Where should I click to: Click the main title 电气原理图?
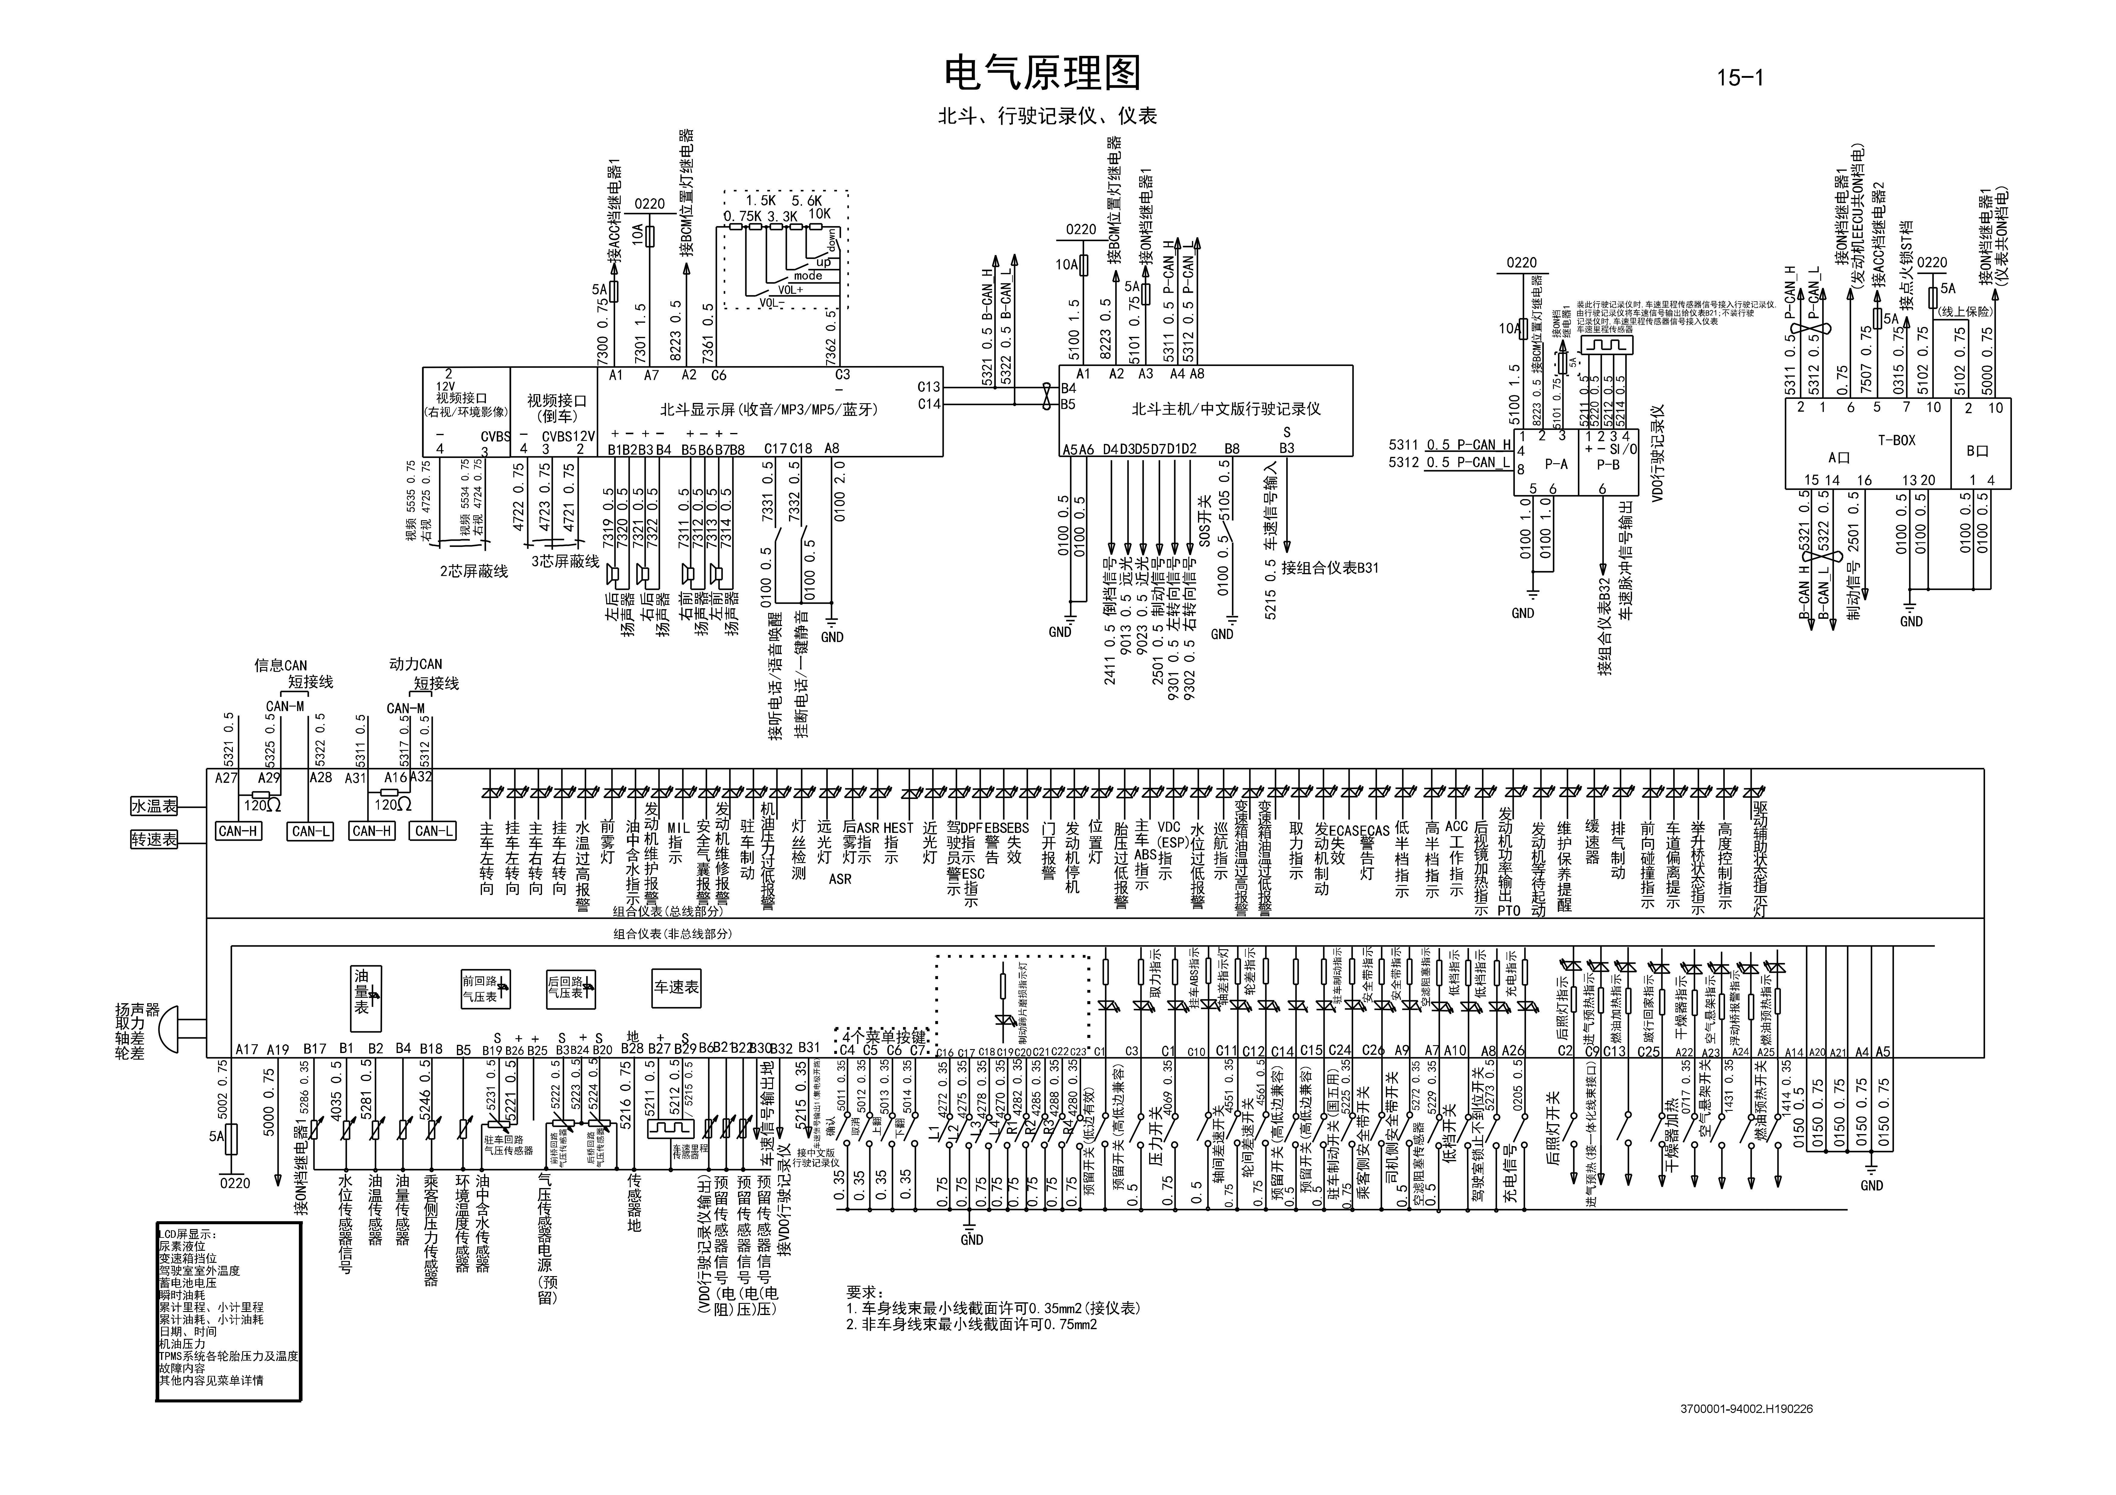click(x=1043, y=73)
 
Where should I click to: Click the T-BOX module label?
click(x=1897, y=440)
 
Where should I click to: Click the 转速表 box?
click(x=154, y=840)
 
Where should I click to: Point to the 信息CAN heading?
click(x=280, y=664)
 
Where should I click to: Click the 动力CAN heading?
click(x=416, y=664)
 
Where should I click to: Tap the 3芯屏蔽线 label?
click(x=565, y=561)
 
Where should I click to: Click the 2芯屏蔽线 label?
click(x=474, y=571)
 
